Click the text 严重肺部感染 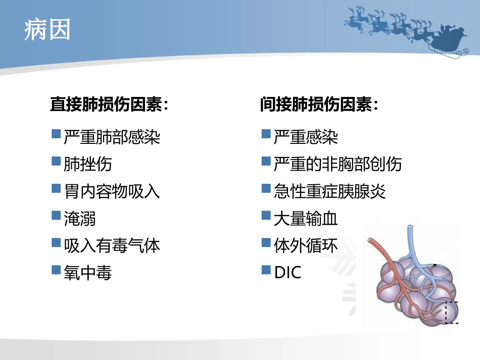pos(112,137)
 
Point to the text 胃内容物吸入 pos(112,191)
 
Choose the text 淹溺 pos(79,218)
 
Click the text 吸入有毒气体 pos(112,245)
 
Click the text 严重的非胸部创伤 pos(338,164)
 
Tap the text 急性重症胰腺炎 pos(329,191)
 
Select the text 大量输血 pos(305,218)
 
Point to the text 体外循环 pos(305,245)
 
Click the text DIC pos(287,273)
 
